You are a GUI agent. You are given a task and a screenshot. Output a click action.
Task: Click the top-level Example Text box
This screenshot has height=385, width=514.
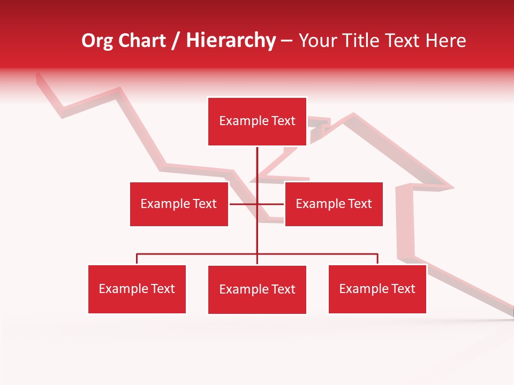[x=257, y=121]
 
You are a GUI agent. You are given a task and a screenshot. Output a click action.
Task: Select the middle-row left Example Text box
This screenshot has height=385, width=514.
[x=179, y=204]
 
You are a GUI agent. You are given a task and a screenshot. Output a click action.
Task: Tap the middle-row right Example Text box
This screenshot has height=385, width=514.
[x=334, y=204]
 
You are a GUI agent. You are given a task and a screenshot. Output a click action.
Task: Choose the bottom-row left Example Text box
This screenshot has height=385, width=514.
[x=137, y=289]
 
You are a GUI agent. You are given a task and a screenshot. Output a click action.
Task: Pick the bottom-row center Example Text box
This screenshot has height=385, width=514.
[x=257, y=289]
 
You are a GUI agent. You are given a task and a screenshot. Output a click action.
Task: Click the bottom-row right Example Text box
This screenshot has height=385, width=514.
[x=377, y=289]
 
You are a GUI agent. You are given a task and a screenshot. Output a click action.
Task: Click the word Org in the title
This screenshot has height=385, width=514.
[x=97, y=41]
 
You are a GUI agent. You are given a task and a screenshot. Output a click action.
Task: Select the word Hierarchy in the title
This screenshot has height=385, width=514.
[x=231, y=41]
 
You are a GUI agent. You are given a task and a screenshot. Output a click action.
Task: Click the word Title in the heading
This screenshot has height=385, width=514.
[x=367, y=41]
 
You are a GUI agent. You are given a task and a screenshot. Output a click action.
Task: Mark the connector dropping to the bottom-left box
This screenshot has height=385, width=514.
[x=137, y=259]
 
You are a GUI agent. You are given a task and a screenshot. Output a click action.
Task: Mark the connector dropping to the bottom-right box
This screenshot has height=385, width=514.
[x=377, y=259]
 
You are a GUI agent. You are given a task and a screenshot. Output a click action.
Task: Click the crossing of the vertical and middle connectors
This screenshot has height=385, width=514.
[x=257, y=204]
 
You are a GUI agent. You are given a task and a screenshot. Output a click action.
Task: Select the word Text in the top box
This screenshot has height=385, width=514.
[x=282, y=121]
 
